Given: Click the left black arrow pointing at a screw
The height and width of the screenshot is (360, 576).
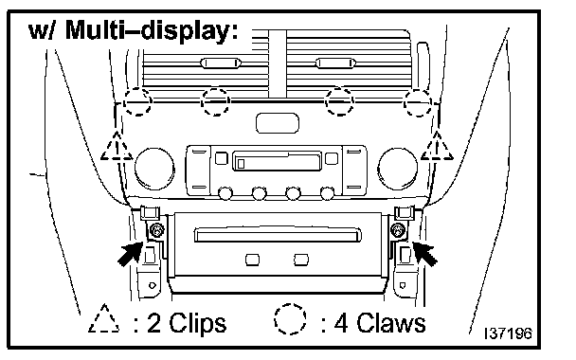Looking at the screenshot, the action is pos(131,253).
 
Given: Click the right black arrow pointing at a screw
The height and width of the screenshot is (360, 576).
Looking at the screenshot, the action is pos(425,253).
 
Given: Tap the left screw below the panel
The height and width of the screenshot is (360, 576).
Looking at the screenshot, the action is pos(157,230).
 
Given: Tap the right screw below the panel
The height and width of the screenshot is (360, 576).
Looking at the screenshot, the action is pos(398,230).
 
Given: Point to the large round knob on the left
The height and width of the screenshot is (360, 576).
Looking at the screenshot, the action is pos(154,169).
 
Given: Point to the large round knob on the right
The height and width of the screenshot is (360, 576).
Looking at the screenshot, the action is pos(398,169).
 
